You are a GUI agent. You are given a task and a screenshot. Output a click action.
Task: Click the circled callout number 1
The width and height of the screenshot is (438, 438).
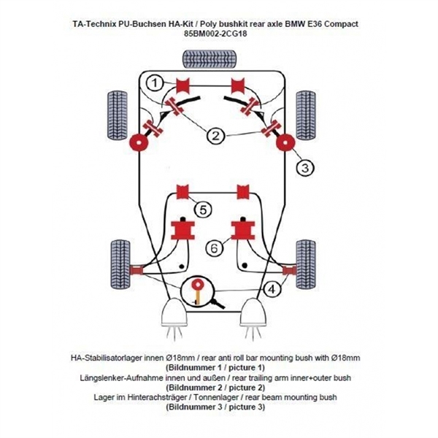tap(154, 84)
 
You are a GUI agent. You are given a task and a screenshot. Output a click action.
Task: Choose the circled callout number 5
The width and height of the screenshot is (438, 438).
tap(204, 210)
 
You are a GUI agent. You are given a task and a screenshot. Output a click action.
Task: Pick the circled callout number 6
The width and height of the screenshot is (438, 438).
tap(213, 248)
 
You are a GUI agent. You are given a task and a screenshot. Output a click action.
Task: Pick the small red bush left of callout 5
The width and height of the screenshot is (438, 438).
tap(182, 192)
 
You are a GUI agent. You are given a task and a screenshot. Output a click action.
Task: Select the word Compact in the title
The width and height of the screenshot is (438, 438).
tap(340, 23)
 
